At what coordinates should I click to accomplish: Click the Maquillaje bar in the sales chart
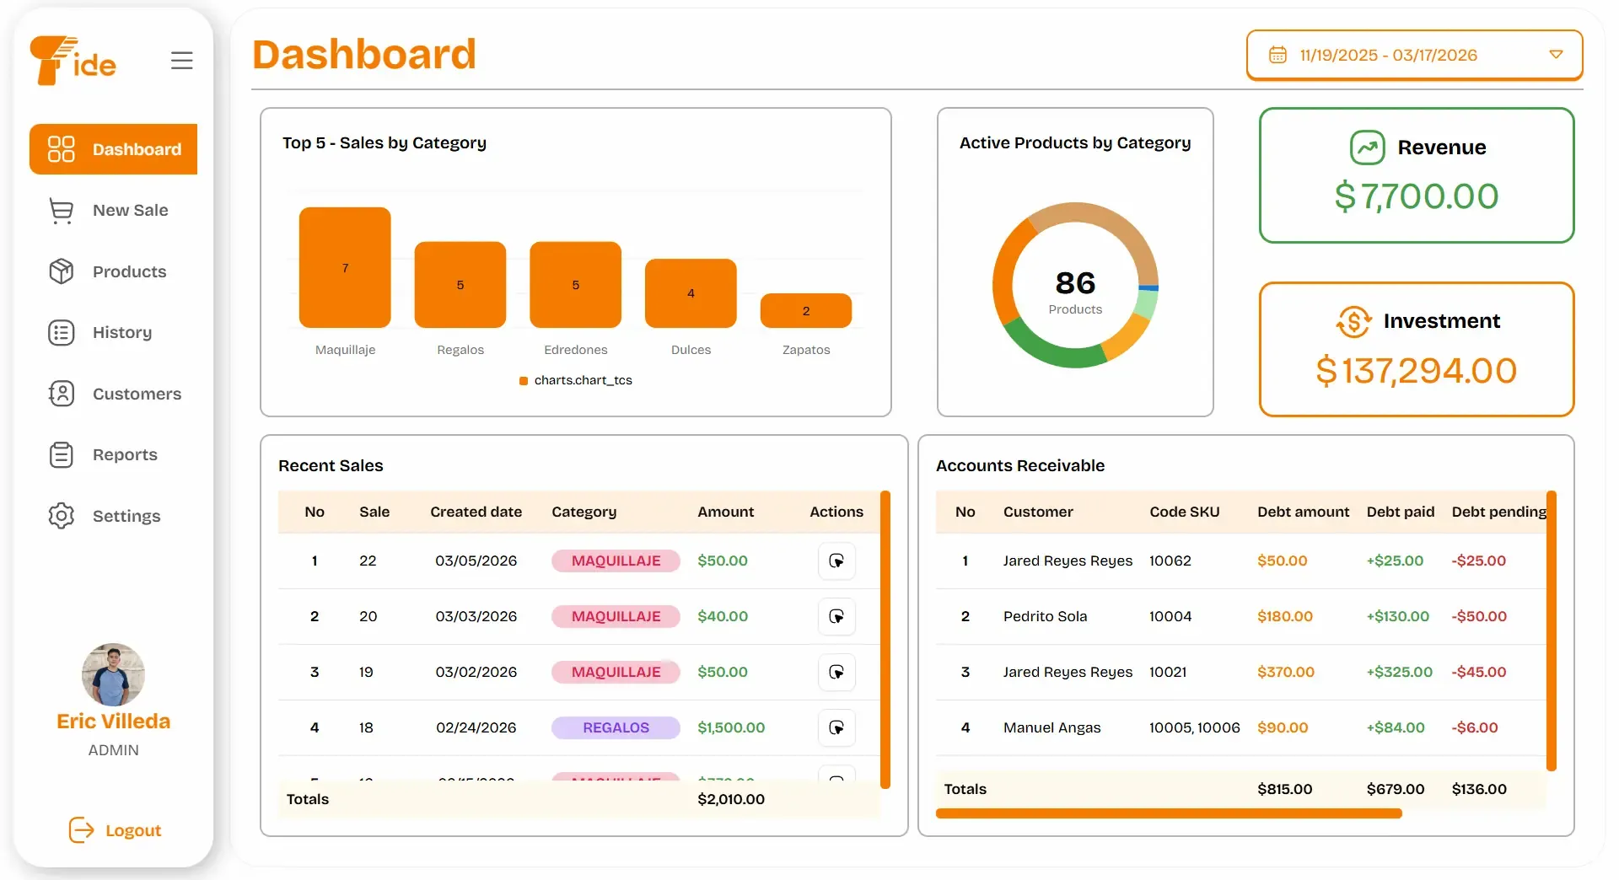pyautogui.click(x=345, y=267)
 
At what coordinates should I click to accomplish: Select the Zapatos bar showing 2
pyautogui.click(x=805, y=310)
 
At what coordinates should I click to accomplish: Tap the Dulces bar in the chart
pyautogui.click(x=691, y=292)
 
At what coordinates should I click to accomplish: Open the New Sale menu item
pyautogui.click(x=130, y=210)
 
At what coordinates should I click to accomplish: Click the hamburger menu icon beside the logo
pyautogui.click(x=181, y=61)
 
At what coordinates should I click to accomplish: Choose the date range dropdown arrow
pyautogui.click(x=1556, y=55)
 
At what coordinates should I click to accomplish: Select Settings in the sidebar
pyautogui.click(x=126, y=516)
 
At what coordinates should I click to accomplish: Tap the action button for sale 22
pyautogui.click(x=836, y=561)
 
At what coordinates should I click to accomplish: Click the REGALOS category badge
pyautogui.click(x=616, y=727)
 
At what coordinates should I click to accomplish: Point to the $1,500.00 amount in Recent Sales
pyautogui.click(x=731, y=727)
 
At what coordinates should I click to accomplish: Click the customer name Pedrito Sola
pyautogui.click(x=1045, y=616)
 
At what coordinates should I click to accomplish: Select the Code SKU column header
pyautogui.click(x=1184, y=512)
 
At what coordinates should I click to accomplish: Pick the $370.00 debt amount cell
pyautogui.click(x=1285, y=672)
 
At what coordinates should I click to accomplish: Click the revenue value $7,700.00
pyautogui.click(x=1416, y=196)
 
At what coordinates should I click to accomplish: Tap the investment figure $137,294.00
pyautogui.click(x=1416, y=371)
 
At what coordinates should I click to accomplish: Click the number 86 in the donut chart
pyautogui.click(x=1075, y=282)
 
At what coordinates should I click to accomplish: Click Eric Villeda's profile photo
pyautogui.click(x=113, y=674)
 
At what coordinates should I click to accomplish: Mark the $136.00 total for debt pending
pyautogui.click(x=1479, y=789)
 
